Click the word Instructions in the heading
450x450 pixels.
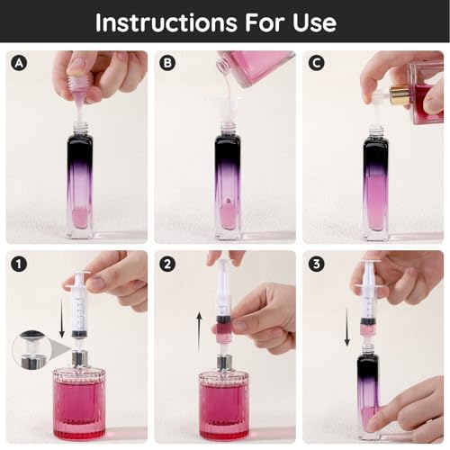click(167, 22)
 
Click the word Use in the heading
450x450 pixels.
click(314, 22)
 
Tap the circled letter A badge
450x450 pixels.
click(17, 64)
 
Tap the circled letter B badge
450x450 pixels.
click(167, 64)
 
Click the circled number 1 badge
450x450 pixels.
click(17, 264)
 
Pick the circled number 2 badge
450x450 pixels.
click(167, 264)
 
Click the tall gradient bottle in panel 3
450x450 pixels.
click(369, 396)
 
